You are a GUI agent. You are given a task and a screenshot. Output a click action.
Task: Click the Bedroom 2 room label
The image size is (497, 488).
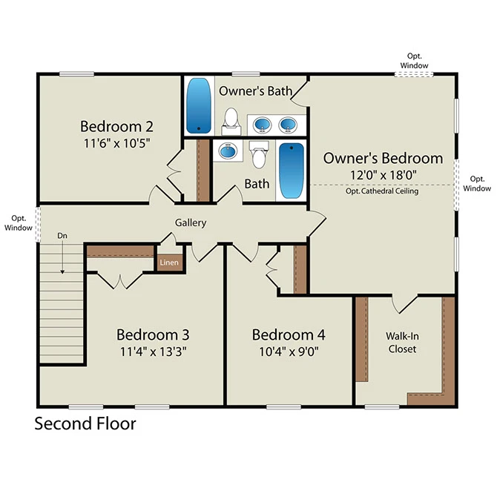116,126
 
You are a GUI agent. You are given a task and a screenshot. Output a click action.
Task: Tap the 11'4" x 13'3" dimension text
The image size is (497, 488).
153,352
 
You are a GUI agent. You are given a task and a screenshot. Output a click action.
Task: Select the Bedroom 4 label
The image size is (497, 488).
289,334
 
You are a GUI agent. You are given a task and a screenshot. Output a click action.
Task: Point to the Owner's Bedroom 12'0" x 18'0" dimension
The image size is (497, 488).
384,174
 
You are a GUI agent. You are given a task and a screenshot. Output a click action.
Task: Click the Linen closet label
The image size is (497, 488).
169,263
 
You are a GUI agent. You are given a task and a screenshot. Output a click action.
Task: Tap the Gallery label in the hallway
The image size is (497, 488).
191,222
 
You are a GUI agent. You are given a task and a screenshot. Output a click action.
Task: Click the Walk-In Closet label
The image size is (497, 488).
402,342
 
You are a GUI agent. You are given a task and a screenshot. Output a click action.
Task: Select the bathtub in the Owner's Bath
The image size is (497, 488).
198,106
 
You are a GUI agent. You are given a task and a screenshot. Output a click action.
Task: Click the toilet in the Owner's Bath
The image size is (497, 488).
231,121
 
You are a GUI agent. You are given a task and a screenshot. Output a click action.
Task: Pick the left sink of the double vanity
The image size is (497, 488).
262,125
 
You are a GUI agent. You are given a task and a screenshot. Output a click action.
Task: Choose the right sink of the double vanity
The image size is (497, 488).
288,125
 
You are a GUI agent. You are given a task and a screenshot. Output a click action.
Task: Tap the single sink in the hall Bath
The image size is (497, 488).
228,151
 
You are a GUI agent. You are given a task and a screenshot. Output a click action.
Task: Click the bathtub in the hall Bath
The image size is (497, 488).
292,171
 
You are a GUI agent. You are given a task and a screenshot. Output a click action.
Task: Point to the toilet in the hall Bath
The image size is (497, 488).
259,155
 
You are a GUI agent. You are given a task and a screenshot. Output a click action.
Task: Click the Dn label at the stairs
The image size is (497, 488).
62,236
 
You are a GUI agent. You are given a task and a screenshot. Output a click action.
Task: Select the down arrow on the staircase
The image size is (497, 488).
62,257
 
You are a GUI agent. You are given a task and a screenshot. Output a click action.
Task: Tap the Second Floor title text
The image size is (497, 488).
85,423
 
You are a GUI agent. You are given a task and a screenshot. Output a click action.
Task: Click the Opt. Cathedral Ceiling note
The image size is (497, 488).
382,191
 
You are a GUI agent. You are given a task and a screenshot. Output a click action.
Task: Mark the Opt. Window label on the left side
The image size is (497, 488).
19,223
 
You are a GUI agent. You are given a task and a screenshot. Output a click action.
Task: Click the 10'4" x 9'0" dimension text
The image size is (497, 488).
289,352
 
